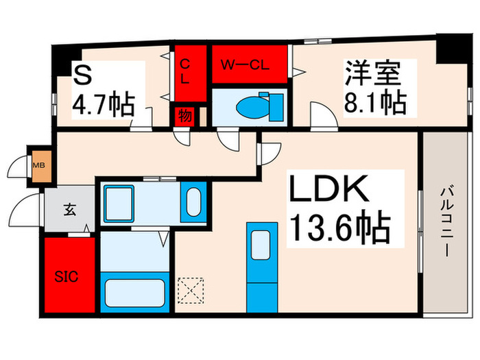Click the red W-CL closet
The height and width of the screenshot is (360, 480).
coord(250,65)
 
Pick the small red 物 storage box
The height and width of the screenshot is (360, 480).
coord(186,115)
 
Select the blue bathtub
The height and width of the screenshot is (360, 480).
coord(134,292)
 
